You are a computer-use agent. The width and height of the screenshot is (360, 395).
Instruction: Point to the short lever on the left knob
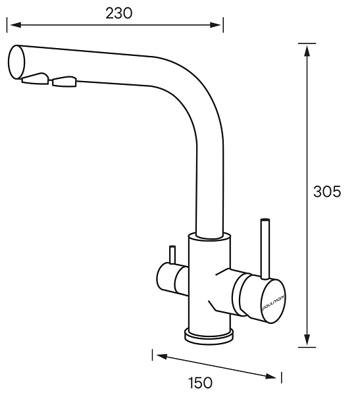point(172,254)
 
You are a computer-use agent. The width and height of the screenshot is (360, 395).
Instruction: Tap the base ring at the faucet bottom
point(209,336)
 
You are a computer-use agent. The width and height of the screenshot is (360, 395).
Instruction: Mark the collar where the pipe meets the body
point(210,236)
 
